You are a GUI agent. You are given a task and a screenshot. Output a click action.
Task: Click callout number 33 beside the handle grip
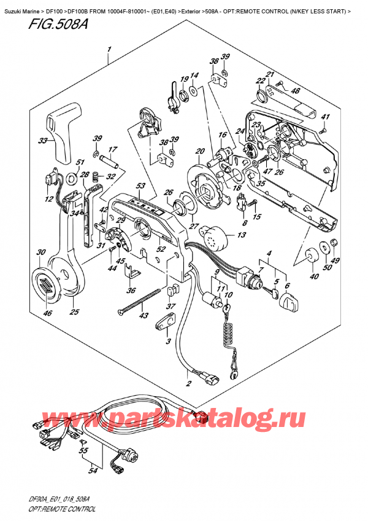click(42, 141)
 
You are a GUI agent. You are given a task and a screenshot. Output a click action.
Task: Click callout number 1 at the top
click(109, 49)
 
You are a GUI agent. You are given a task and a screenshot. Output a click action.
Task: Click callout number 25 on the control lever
click(74, 313)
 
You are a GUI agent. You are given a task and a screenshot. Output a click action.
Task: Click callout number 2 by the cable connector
click(188, 383)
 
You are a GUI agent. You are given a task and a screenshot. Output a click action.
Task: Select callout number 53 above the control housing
click(140, 186)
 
